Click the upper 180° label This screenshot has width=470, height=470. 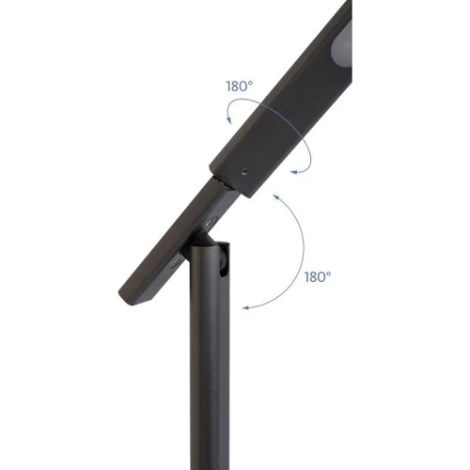[239, 86]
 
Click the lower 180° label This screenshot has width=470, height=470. [318, 277]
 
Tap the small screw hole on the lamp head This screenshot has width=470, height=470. [244, 171]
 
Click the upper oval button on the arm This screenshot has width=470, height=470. [209, 223]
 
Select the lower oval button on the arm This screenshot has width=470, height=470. [176, 261]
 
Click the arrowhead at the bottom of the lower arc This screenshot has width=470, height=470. [246, 308]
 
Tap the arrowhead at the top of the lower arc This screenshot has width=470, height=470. [275, 196]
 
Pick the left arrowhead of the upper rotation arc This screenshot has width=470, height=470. [229, 120]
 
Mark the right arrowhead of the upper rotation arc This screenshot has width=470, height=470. [294, 171]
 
